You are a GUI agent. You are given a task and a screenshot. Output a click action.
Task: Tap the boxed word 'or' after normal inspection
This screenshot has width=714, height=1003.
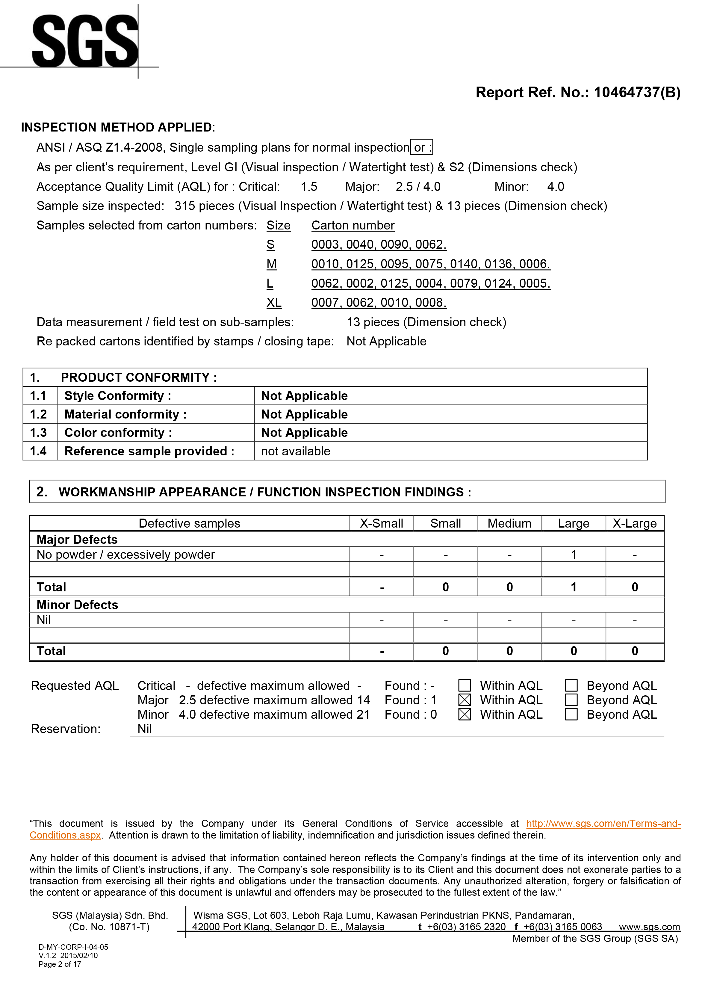coord(421,147)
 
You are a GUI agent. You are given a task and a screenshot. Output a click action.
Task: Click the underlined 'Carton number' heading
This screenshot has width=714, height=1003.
coord(353,225)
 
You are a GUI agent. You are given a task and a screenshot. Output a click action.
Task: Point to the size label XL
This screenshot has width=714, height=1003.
coord(274,303)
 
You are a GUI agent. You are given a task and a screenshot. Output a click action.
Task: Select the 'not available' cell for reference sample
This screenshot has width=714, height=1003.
coord(295,451)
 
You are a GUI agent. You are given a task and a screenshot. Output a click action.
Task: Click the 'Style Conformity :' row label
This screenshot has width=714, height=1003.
coord(117,396)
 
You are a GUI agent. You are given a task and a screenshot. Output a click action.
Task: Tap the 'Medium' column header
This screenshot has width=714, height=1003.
coord(509,523)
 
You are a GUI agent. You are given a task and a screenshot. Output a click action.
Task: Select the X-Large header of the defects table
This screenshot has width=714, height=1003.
coord(634,523)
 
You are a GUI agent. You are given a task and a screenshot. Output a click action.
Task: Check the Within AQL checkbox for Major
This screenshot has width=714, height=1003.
coord(464,700)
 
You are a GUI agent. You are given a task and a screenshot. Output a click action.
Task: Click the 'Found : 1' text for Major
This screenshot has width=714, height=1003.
coord(410,700)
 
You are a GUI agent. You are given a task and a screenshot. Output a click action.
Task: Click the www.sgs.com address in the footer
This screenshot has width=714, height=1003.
coord(649,927)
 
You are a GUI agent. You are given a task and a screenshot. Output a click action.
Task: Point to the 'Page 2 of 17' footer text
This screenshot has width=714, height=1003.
coord(60,964)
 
